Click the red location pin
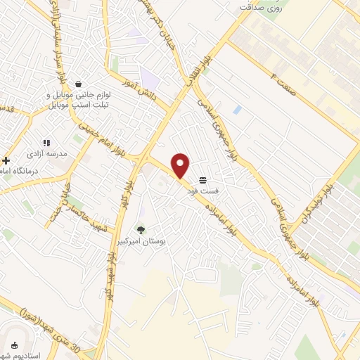(181, 165)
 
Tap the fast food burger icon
(202, 181)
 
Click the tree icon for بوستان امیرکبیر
(141, 229)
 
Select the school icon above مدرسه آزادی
(46, 142)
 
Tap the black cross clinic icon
(6, 161)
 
